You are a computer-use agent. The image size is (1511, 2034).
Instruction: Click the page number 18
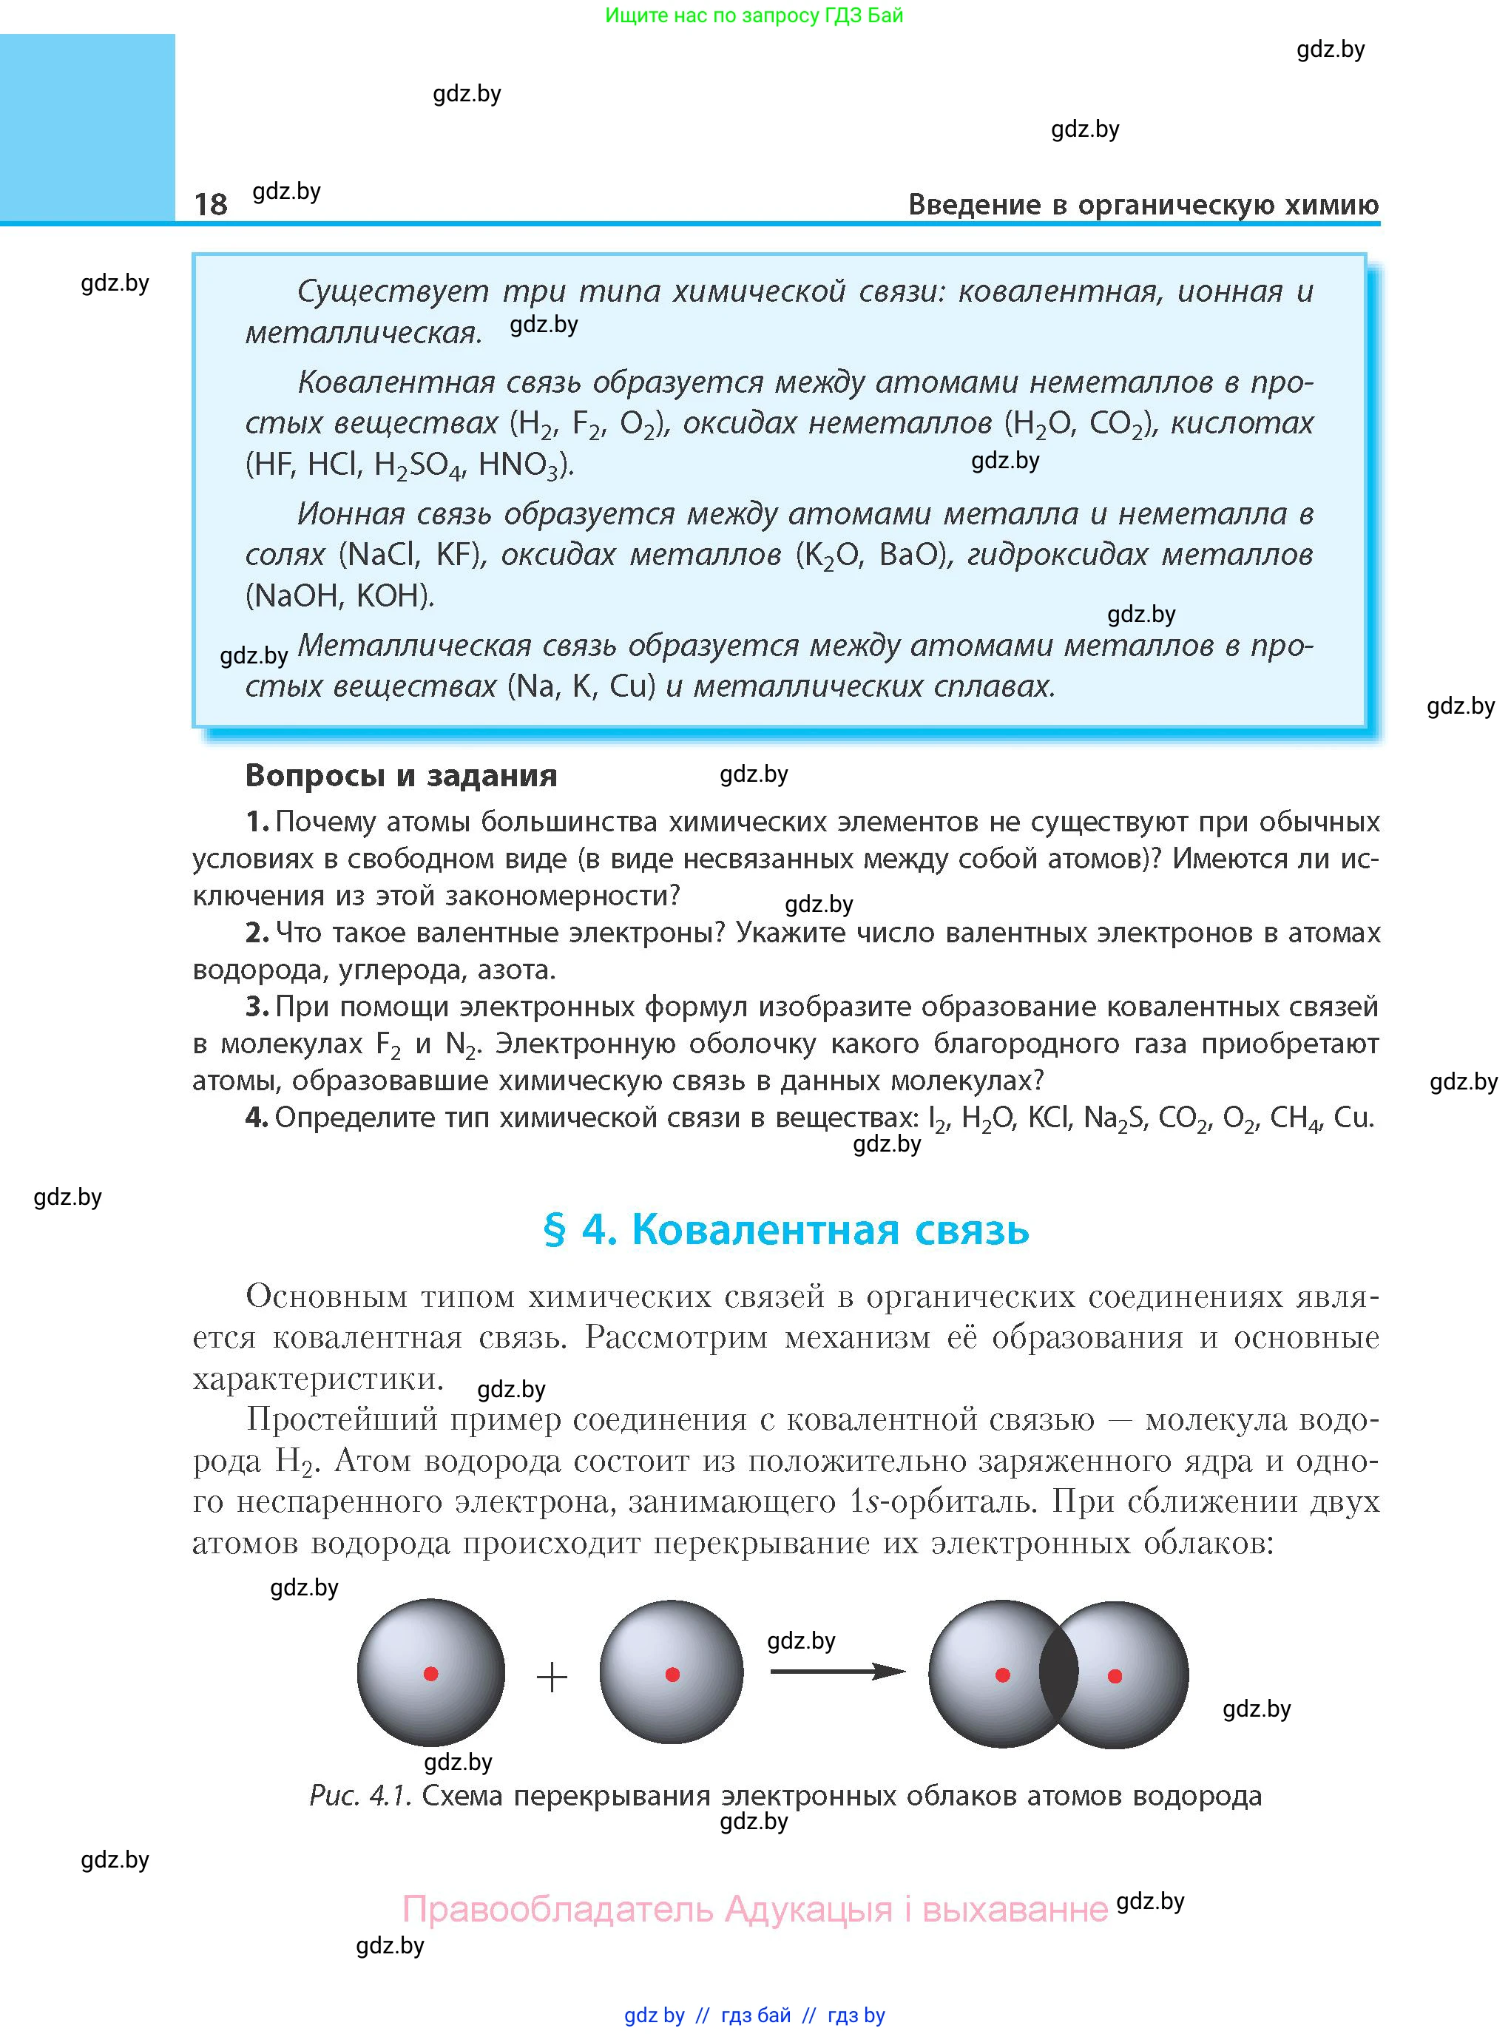[x=210, y=204]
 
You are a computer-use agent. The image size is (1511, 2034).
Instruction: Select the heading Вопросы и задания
[x=401, y=776]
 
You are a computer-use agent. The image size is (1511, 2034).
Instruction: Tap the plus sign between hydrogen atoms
[x=552, y=1677]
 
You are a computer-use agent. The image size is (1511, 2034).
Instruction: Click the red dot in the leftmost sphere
[x=430, y=1674]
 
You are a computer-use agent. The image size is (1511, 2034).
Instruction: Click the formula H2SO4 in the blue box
[x=417, y=465]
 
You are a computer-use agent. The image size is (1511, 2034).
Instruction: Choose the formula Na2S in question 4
[x=1114, y=1118]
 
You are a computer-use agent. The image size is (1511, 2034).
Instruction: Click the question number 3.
[x=256, y=1007]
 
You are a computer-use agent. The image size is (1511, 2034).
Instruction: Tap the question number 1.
[x=256, y=822]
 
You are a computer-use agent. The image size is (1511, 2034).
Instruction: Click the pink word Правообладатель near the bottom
[x=557, y=1910]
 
